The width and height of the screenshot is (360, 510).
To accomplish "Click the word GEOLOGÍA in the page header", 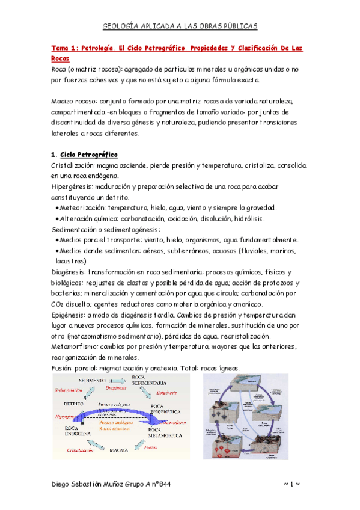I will [120, 26].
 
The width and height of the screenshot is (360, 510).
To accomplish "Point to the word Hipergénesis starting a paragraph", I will [72, 187].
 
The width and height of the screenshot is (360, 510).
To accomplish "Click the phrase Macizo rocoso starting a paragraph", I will [76, 102].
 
